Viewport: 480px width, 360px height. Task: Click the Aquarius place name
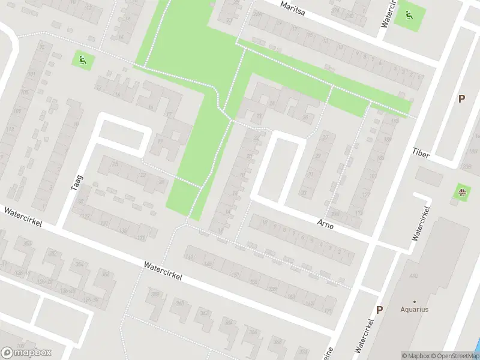(x=415, y=310)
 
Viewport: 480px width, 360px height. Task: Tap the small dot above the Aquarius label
(x=415, y=301)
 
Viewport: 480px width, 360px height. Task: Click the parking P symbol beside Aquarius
(x=379, y=310)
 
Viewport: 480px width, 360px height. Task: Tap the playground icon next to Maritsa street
(x=409, y=15)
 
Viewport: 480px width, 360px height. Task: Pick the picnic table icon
(x=463, y=193)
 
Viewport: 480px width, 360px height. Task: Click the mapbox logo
(x=26, y=353)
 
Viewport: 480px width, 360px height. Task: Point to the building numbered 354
(x=79, y=264)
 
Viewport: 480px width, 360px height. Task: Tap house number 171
(x=359, y=213)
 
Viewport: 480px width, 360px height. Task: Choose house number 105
(x=24, y=93)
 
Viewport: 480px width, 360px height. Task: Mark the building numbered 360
(x=179, y=303)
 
